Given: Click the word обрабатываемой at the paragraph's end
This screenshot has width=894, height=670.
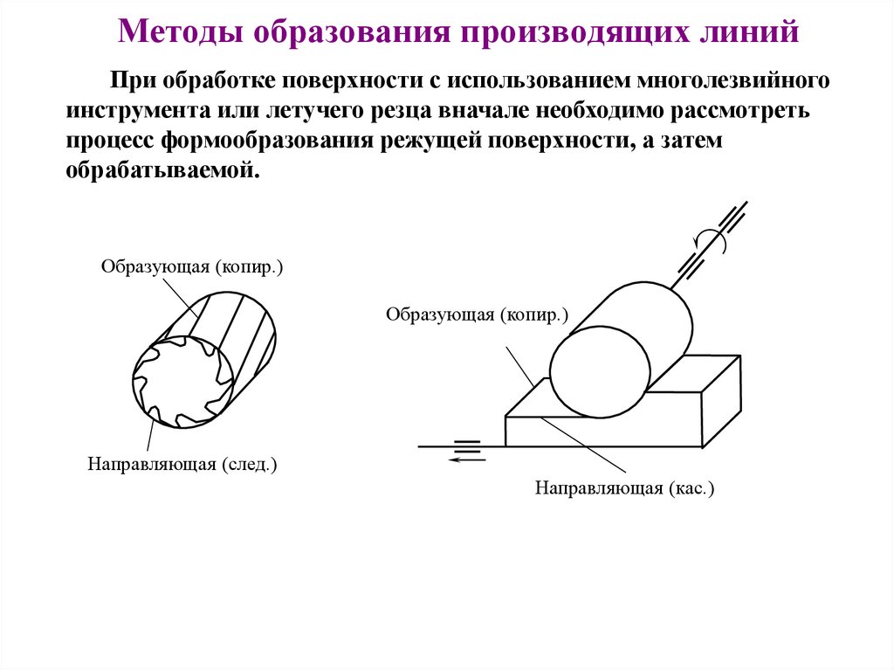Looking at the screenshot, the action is tap(162, 170).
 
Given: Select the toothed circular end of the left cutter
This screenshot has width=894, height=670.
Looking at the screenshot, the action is tap(182, 383).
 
